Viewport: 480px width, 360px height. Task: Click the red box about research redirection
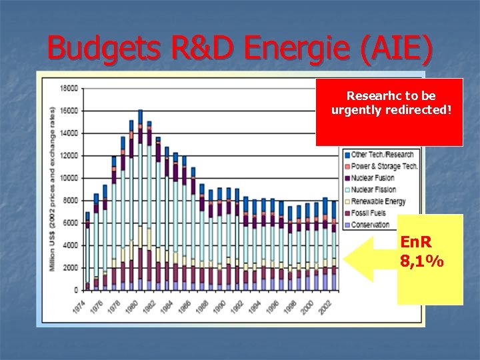389,111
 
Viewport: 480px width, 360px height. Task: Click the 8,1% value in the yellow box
422,262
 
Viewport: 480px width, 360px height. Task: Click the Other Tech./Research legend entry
383,155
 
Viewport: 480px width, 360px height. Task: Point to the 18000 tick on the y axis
69,88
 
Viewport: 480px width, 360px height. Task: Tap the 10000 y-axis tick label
69,178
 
